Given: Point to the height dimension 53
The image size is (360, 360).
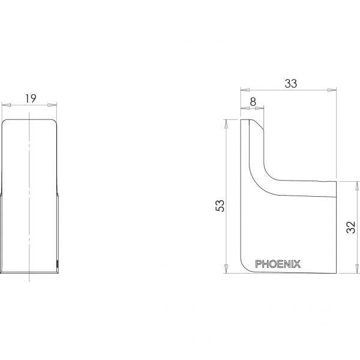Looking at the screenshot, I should pyautogui.click(x=220, y=205).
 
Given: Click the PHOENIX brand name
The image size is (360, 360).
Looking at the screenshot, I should pyautogui.click(x=278, y=263).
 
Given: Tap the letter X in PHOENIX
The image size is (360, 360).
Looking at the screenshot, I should pyautogui.click(x=298, y=263).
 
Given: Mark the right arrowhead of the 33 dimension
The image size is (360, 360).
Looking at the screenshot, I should pyautogui.click(x=332, y=90).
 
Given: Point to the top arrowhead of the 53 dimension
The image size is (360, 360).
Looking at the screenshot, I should pyautogui.click(x=226, y=122).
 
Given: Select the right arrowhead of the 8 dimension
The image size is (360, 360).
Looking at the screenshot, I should pyautogui.click(x=260, y=109).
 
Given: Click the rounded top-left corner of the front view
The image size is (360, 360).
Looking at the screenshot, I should pyautogui.click(x=4, y=121).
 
